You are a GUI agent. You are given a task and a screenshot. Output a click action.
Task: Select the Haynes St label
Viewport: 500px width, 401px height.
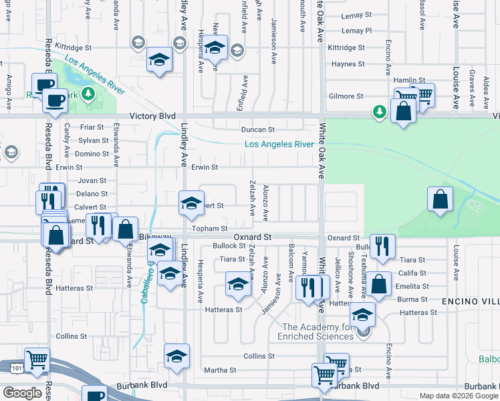click(x=348, y=64)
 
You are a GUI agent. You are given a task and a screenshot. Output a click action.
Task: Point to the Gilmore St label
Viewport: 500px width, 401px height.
click(x=346, y=96)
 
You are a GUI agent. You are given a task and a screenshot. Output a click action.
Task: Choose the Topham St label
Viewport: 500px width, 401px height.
click(x=211, y=229)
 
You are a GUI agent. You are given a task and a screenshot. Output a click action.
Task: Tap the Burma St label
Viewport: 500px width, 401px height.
click(x=412, y=299)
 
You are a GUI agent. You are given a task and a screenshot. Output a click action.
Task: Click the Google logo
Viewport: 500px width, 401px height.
click(x=23, y=393)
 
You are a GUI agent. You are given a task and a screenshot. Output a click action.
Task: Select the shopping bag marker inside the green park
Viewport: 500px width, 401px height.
click(x=440, y=199)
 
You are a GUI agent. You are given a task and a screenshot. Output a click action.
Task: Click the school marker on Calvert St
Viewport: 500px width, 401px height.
click(x=191, y=203)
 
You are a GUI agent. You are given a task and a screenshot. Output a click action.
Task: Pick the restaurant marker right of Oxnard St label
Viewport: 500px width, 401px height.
click(x=382, y=245)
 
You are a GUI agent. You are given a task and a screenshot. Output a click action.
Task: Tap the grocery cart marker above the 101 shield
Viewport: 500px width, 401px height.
click(x=36, y=360)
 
